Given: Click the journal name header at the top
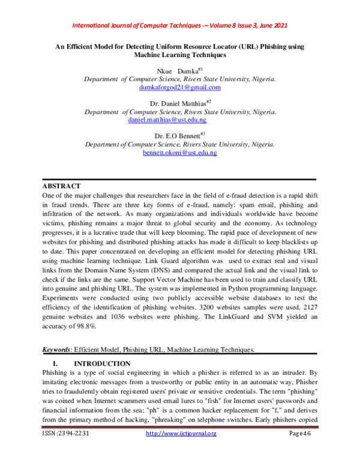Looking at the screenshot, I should pos(180,26).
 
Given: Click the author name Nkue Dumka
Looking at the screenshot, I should pos(178,71).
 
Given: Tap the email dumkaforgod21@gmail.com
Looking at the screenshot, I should pos(180,88).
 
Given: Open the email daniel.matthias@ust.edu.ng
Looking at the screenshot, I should pos(180,120).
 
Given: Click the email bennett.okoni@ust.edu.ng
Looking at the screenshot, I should pos(180,153).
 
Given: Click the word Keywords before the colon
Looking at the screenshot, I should pos(56,349).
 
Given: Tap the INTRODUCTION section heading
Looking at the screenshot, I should pos(101,364).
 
